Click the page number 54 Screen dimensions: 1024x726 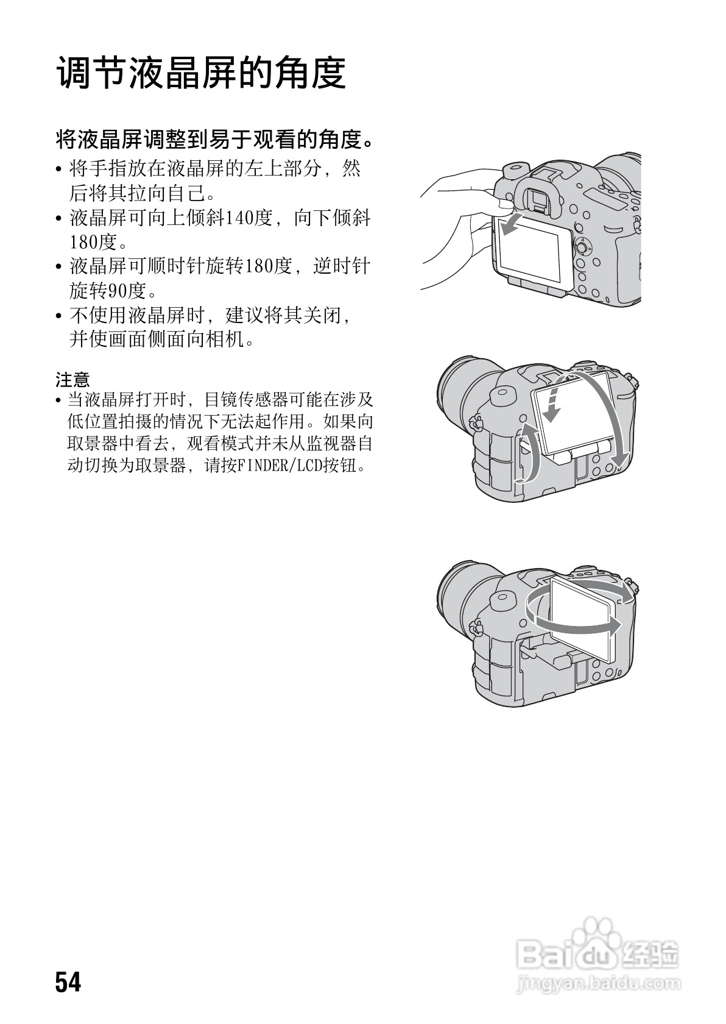(68, 982)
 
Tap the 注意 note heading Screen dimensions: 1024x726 (72, 380)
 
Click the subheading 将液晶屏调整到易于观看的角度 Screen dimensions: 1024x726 (213, 141)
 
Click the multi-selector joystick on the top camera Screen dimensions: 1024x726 (583, 248)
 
